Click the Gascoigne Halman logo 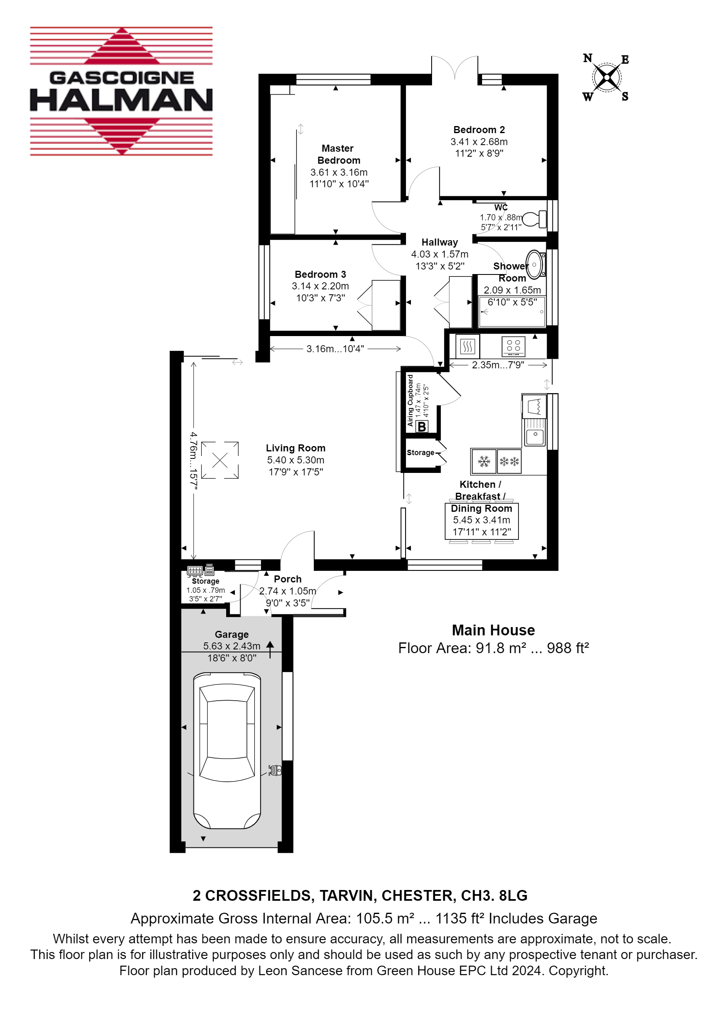(121, 91)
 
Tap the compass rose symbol (607, 78)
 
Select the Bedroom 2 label (479, 129)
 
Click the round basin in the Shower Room (535, 265)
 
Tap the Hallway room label (439, 242)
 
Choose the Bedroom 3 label (320, 274)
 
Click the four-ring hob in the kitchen (513, 346)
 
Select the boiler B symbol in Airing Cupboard (422, 427)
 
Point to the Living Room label (296, 448)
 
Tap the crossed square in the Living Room (220, 460)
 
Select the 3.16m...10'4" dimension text (335, 348)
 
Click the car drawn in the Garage (227, 750)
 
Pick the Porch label (287, 579)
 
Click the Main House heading (493, 630)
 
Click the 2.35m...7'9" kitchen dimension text (498, 365)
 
